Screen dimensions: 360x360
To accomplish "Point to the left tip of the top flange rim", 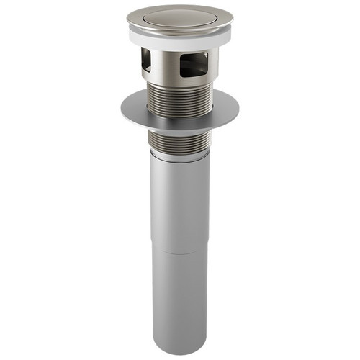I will [x=128, y=20].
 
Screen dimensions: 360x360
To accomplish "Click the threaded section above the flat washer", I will [x=179, y=97].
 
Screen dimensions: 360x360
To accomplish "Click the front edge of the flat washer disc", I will [x=180, y=130].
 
